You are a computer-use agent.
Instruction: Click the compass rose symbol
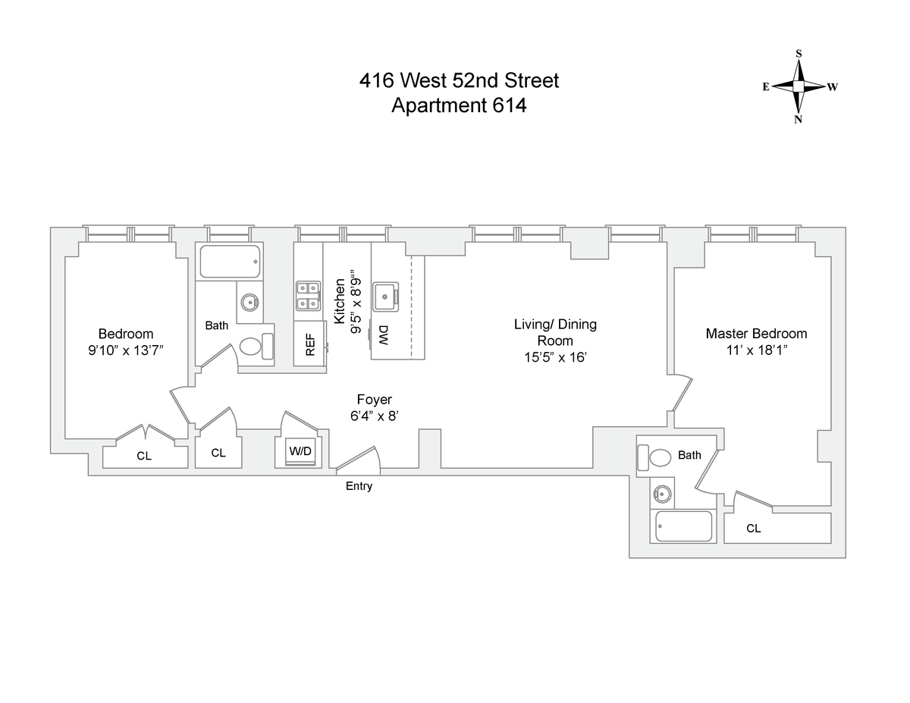[799, 86]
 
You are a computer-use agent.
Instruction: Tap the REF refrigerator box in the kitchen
[309, 343]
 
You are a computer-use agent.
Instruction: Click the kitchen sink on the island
[388, 293]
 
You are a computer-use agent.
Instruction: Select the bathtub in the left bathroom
[231, 261]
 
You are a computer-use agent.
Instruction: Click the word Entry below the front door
[359, 487]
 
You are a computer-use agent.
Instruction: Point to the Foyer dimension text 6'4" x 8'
[374, 416]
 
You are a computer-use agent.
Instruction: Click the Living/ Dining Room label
[555, 332]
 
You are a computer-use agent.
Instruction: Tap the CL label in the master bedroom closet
[753, 529]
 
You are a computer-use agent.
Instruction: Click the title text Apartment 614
[459, 105]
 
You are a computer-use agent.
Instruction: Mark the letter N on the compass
[798, 119]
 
